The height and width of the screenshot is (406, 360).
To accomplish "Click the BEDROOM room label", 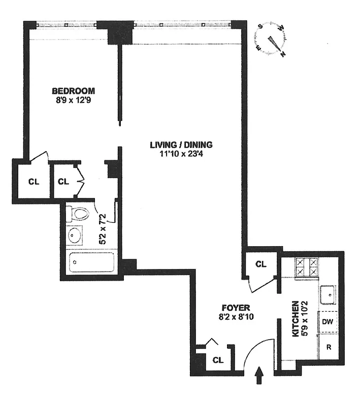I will point(74,91).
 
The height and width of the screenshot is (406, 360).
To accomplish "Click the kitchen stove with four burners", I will point(307,267).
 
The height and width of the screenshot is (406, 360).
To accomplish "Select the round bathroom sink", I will point(77,236).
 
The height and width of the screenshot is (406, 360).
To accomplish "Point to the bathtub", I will point(91,262).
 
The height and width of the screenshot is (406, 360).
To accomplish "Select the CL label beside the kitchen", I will point(260,264).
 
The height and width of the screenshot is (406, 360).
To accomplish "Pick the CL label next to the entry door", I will point(218,360).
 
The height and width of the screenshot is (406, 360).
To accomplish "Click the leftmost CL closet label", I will point(33,181).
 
